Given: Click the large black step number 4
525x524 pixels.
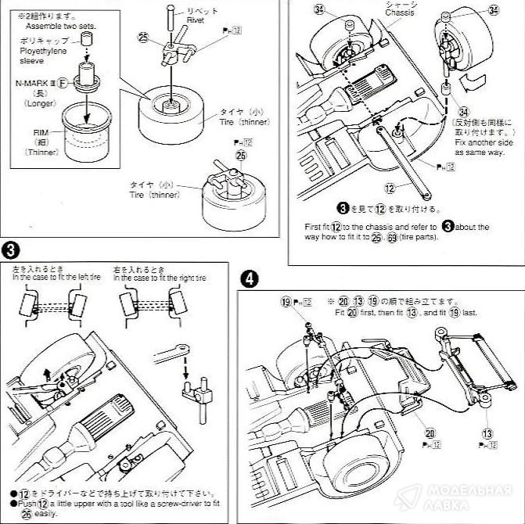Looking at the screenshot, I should pos(248,278).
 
